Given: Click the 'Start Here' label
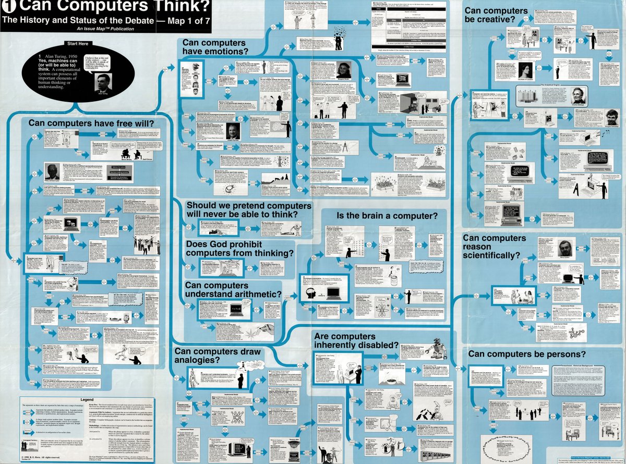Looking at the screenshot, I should [78, 43].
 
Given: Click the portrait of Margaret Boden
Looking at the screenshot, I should [346, 70].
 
